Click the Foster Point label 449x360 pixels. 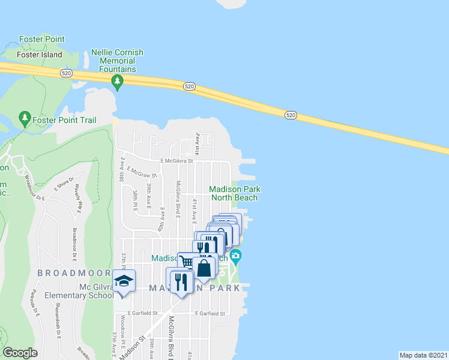pos(41,39)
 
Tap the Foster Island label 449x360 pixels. pos(40,55)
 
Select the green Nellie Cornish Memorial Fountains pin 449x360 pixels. pos(118,81)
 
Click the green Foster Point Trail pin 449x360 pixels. pos(25,116)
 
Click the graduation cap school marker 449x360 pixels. pos(124,281)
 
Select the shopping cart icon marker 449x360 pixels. pos(187,262)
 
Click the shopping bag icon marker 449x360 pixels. pos(204,268)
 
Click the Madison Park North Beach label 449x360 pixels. pos(234,193)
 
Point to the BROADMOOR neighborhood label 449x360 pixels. pos(74,272)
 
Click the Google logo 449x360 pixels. pos(20,353)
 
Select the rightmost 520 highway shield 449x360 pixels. pos(291,114)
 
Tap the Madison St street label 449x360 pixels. pos(133,348)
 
